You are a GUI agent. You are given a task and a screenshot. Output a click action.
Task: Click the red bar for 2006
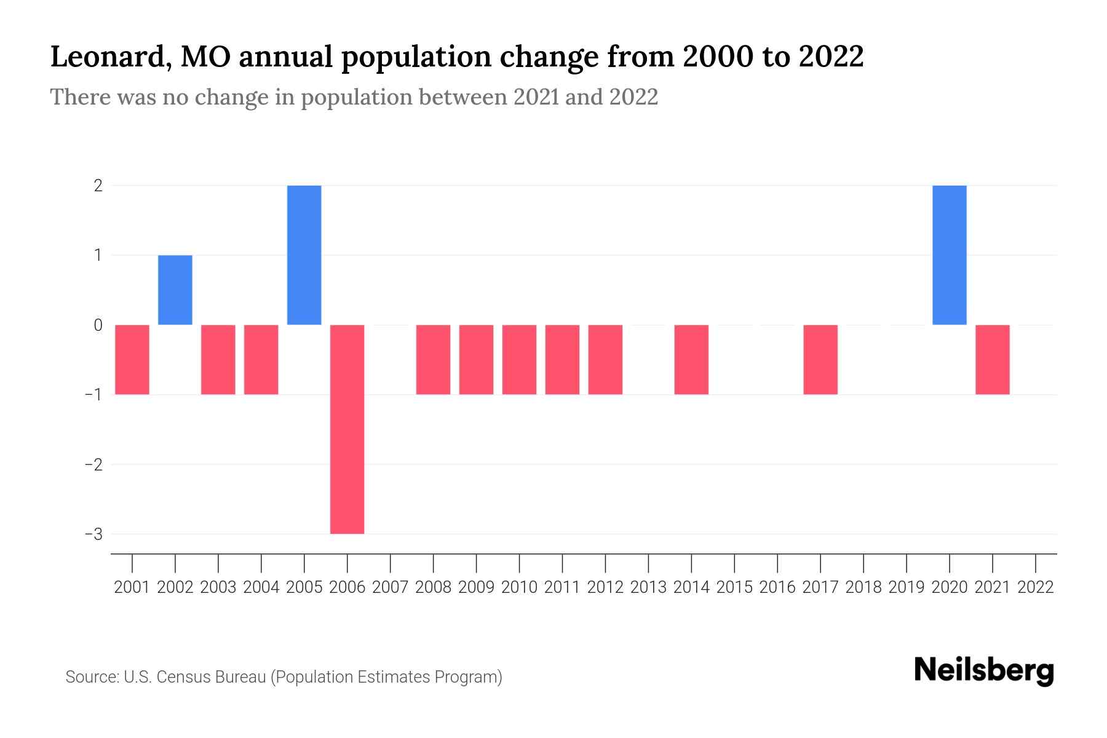(x=347, y=429)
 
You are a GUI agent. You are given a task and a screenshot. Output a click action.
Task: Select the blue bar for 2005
(x=304, y=255)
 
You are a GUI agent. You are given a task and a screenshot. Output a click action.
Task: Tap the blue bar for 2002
(x=175, y=290)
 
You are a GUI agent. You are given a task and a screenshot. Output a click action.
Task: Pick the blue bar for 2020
(x=949, y=255)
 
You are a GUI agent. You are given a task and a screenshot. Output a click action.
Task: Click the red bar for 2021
(x=992, y=359)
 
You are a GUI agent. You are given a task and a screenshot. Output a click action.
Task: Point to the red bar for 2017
(x=820, y=359)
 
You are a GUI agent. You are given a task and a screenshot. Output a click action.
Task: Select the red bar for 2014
(x=691, y=359)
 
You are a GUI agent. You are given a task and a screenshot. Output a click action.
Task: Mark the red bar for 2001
(x=132, y=359)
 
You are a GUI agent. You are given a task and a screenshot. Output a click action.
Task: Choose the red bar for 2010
(x=519, y=359)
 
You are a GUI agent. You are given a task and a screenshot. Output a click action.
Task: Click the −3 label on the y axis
(x=94, y=534)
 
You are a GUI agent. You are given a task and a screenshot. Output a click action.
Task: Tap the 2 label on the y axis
(x=98, y=185)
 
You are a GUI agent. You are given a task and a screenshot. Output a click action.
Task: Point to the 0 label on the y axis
(x=98, y=325)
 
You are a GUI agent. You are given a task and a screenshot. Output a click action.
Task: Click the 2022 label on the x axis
(x=1036, y=587)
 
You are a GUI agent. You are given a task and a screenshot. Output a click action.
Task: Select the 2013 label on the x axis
(x=648, y=587)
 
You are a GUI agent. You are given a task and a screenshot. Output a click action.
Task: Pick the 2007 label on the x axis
(x=390, y=587)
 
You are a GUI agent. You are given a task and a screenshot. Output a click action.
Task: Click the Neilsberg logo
(x=984, y=670)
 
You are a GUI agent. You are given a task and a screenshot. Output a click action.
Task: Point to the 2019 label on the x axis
(x=907, y=587)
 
